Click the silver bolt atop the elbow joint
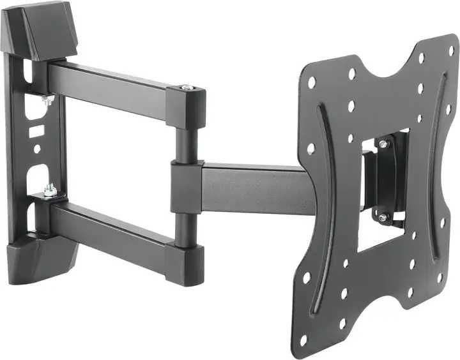click(x=186, y=88)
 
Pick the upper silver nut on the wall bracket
click(x=48, y=99)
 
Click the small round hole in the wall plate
click(x=37, y=148)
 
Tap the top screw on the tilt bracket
click(x=383, y=145)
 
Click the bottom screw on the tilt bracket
click(x=382, y=217)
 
